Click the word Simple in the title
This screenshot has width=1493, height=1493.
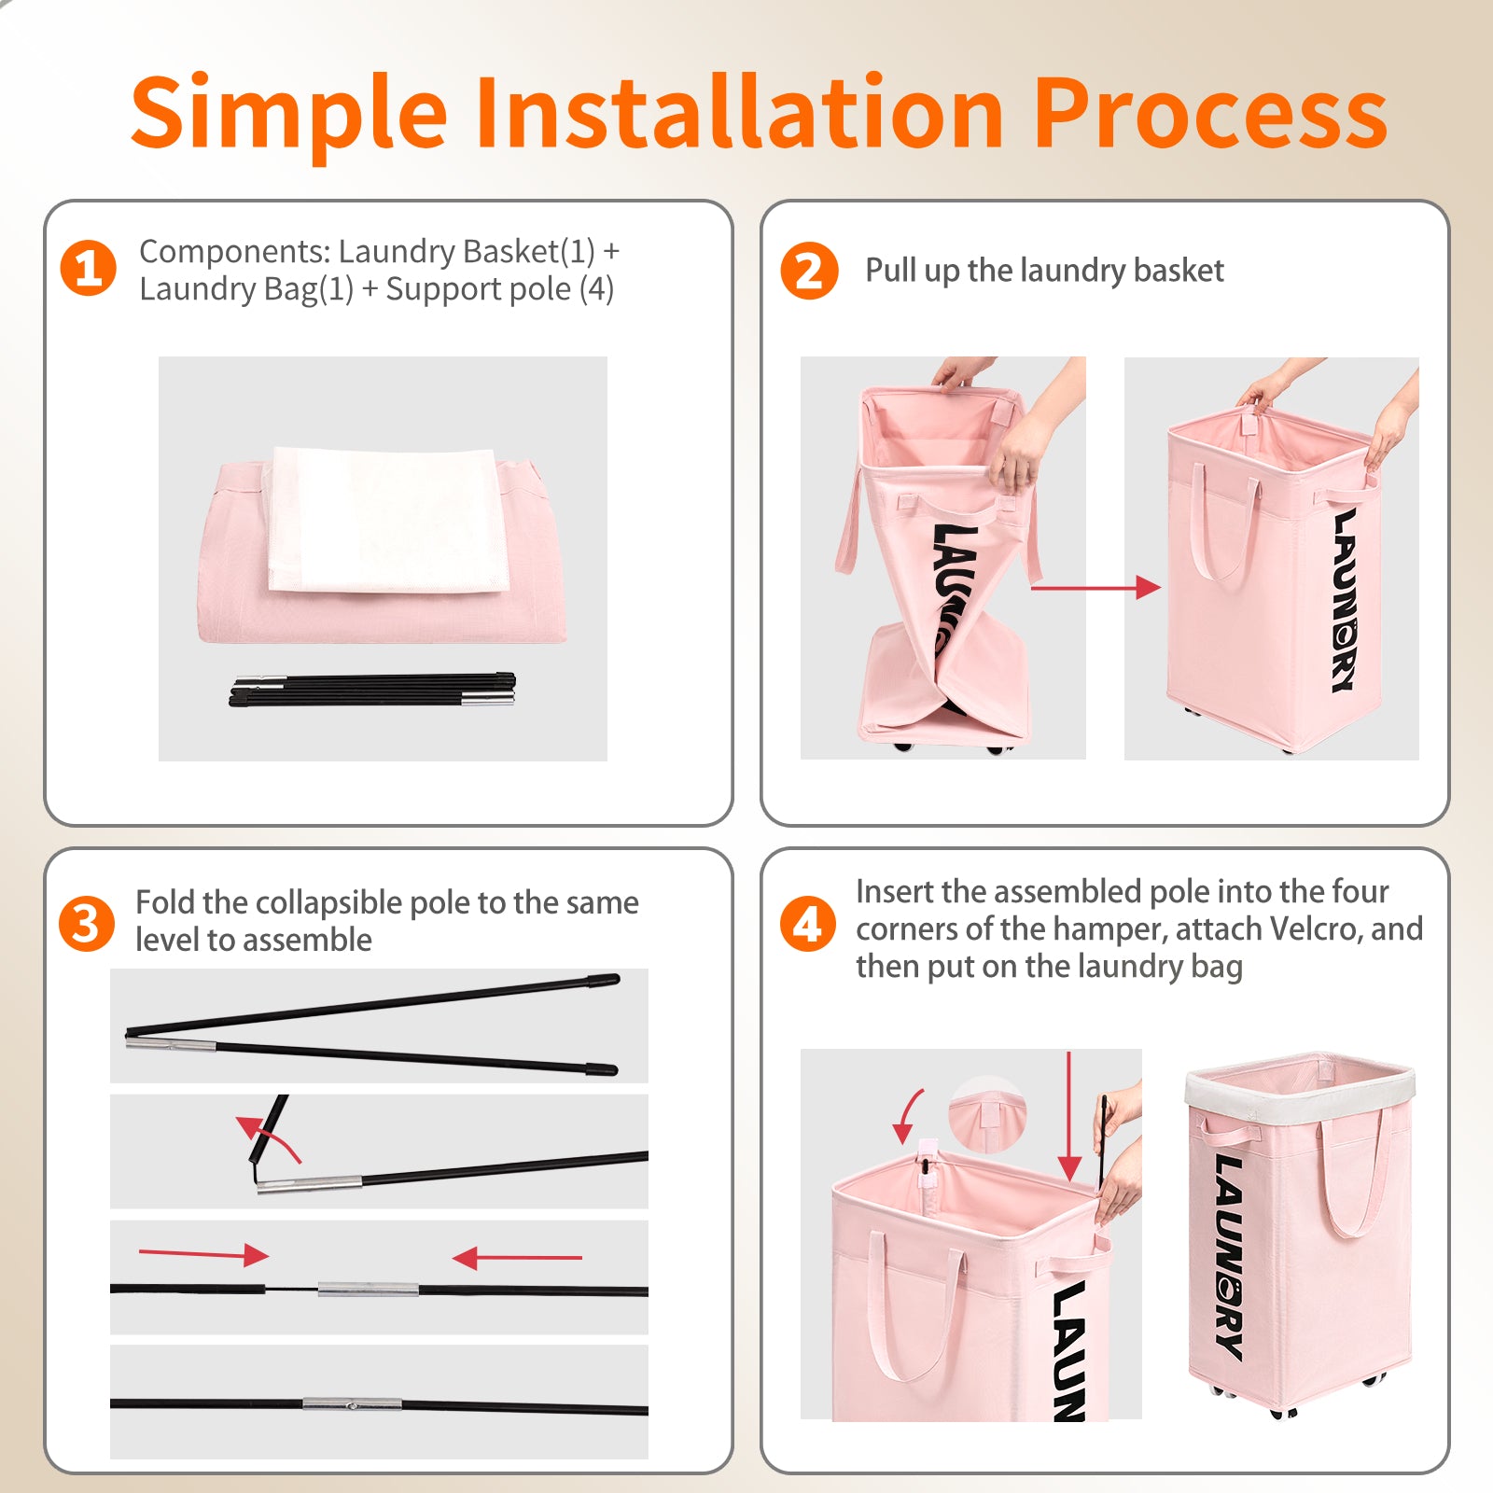[289, 114]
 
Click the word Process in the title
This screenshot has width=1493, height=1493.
[1210, 112]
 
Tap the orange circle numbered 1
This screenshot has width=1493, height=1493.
[89, 269]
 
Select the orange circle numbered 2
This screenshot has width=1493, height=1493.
[809, 271]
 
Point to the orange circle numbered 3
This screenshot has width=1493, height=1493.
[87, 924]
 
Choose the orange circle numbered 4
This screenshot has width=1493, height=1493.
[807, 924]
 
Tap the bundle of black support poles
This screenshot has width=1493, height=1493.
[372, 689]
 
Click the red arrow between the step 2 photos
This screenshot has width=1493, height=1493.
[1096, 587]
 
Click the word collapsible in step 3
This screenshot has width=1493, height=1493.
[328, 904]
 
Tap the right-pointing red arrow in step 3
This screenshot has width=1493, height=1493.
[203, 1253]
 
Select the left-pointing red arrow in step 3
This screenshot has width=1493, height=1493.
[517, 1259]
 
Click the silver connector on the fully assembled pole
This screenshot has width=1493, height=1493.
[352, 1403]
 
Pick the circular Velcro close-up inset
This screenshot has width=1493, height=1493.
[987, 1115]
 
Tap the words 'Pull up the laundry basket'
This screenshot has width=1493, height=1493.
[1044, 271]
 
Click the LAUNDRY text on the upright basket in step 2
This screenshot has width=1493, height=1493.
[1344, 600]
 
